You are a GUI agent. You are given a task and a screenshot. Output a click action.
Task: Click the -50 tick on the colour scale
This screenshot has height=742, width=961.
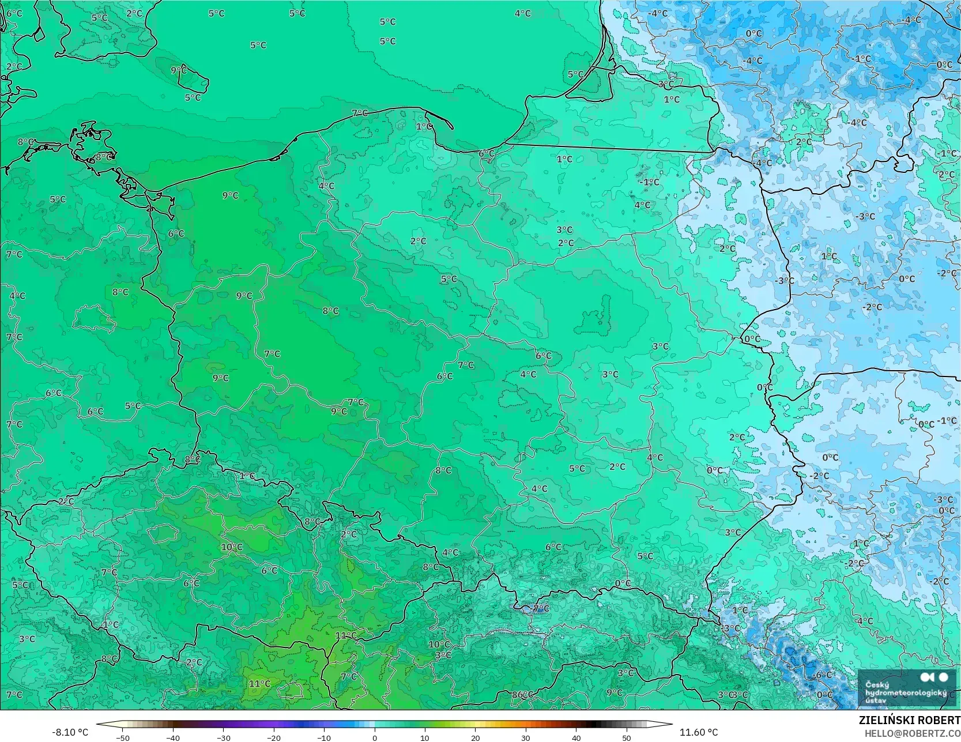[122, 737]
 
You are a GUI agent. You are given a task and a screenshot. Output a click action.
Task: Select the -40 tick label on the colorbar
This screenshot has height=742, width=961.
[173, 737]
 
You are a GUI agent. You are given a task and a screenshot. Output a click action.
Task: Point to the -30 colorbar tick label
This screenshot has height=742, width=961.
[224, 737]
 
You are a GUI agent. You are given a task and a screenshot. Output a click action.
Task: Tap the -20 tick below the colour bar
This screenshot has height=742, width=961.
[274, 737]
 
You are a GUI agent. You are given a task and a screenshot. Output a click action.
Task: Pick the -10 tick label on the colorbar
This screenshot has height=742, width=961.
[324, 737]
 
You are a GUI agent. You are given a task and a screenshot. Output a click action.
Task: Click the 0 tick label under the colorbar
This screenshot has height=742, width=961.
[375, 737]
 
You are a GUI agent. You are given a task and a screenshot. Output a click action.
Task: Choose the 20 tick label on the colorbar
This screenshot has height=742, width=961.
[475, 737]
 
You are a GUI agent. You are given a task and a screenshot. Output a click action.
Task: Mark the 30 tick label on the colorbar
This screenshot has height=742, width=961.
[526, 737]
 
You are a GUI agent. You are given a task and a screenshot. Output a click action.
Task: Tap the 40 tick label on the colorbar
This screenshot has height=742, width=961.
[576, 737]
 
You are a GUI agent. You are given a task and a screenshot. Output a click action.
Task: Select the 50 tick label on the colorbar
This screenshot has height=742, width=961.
[627, 737]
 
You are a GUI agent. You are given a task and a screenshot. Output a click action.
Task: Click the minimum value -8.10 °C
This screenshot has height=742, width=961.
[70, 732]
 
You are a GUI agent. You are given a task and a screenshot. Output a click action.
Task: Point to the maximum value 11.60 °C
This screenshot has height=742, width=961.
[699, 732]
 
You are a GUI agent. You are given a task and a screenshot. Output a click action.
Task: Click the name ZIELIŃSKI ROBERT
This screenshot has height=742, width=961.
[909, 721]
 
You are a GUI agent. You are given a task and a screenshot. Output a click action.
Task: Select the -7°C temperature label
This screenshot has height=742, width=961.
[541, 608]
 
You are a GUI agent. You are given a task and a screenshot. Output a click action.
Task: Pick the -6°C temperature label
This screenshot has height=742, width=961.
[823, 675]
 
